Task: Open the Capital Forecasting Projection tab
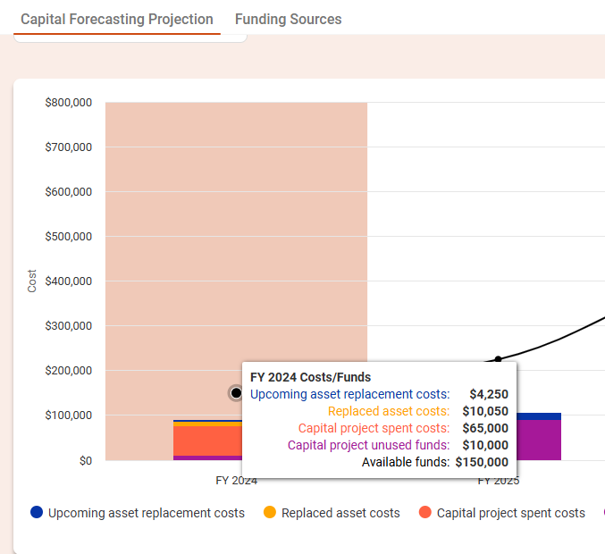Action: click(x=117, y=19)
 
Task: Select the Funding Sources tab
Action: click(x=288, y=19)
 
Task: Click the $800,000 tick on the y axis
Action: click(x=68, y=103)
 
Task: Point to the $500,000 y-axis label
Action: click(x=68, y=237)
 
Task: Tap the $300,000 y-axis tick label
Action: click(x=68, y=326)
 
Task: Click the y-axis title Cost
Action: click(x=32, y=281)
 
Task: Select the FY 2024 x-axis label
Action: click(x=236, y=481)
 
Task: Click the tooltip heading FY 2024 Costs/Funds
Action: click(x=310, y=377)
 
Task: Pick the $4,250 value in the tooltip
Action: click(x=488, y=394)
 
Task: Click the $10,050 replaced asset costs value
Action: click(x=484, y=411)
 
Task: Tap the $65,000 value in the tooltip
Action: click(x=484, y=428)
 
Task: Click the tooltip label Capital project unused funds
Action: click(x=368, y=445)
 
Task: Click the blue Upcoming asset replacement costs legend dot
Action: click(x=37, y=513)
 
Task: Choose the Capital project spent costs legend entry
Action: click(x=510, y=513)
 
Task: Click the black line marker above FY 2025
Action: click(x=498, y=360)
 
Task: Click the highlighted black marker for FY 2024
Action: click(x=236, y=393)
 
